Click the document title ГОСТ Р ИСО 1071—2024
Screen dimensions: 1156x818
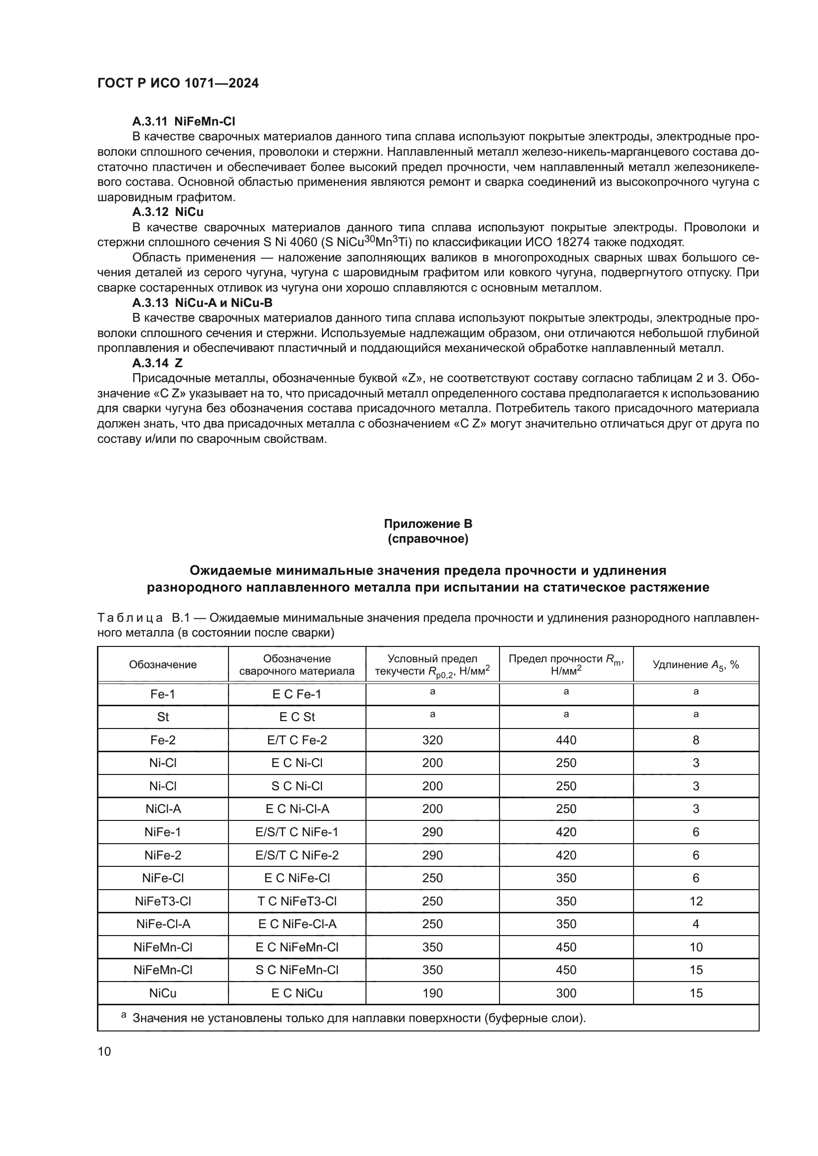[x=178, y=84]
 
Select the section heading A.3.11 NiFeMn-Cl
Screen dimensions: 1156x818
[x=183, y=122]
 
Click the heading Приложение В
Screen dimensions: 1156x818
[x=428, y=523]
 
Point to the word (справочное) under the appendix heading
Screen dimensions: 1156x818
[x=428, y=539]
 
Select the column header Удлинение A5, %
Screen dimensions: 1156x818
[x=696, y=665]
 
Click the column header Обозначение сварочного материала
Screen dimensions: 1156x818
[x=297, y=665]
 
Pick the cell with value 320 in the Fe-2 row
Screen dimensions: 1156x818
[x=432, y=740]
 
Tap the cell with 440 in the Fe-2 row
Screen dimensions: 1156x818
[x=566, y=740]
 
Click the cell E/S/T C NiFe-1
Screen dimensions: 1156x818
[x=297, y=832]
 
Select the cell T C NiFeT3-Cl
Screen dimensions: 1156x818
[x=297, y=901]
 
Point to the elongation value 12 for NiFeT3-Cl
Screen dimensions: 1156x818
[x=696, y=901]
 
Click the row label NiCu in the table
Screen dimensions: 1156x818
[x=163, y=993]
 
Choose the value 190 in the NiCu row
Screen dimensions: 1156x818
[x=432, y=993]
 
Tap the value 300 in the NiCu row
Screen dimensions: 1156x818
[x=566, y=993]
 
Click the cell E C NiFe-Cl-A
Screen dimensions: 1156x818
[x=297, y=924]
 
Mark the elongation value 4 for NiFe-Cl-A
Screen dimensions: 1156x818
[x=696, y=924]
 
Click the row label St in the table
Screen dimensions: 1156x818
[x=163, y=717]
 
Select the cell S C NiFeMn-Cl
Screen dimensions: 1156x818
[x=297, y=970]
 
